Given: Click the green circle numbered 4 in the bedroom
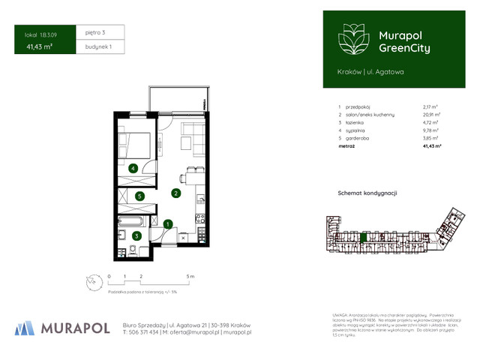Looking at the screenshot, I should click(133, 169).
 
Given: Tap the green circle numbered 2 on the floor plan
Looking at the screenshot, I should click(175, 193).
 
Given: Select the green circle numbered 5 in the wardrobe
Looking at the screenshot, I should click(139, 196).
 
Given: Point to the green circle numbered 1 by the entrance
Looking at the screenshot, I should click(169, 223).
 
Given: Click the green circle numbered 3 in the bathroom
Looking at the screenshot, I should click(136, 236).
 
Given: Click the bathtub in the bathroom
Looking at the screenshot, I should click(133, 222).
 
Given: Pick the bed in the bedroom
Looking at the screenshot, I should click(136, 143).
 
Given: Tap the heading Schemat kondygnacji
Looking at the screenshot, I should click(367, 193).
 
